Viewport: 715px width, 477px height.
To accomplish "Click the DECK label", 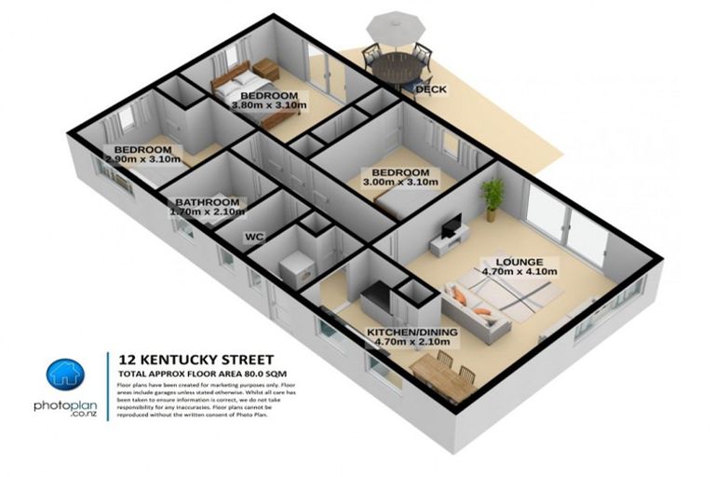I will point(430,90).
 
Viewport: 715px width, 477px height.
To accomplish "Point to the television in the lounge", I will point(452,226).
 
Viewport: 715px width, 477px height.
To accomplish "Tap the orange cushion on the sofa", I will point(460,295).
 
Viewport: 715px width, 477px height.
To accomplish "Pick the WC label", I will point(254,238).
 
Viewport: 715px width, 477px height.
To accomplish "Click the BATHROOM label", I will point(208,202).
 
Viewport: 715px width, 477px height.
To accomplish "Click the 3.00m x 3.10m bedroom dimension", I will point(399,184).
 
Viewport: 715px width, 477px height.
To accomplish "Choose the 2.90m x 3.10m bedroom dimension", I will point(142,159).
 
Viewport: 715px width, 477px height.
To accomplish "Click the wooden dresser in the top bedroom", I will point(269,68).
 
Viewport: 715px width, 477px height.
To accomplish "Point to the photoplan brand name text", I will point(67,407).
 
